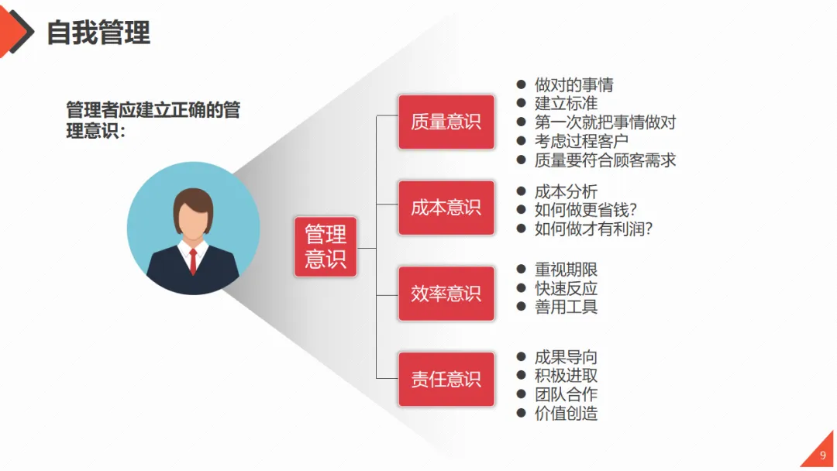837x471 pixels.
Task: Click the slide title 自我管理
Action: click(x=98, y=33)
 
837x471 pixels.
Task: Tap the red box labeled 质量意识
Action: click(x=446, y=122)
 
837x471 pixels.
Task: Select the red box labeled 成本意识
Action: click(x=446, y=208)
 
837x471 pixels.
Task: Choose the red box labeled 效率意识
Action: click(x=446, y=294)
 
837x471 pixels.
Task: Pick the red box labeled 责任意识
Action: click(x=446, y=379)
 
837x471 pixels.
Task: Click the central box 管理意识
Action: click(x=325, y=246)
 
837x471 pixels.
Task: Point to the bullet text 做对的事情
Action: click(x=573, y=84)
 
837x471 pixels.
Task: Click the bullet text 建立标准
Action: click(x=566, y=103)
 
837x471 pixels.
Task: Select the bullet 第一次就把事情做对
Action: click(x=605, y=122)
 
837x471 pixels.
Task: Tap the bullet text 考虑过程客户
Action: click(x=581, y=141)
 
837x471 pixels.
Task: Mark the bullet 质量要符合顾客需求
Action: click(x=605, y=160)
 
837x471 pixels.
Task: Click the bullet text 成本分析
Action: click(x=566, y=191)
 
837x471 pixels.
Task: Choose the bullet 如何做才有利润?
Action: click(x=594, y=229)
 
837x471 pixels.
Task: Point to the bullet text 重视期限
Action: click(x=566, y=270)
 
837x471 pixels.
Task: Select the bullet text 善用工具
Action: click(x=566, y=307)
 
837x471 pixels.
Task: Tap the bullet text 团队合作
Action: click(x=566, y=394)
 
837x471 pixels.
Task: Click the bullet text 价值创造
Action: click(x=566, y=414)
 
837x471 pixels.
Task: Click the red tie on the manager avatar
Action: click(x=193, y=262)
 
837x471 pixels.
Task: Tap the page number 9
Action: click(x=823, y=455)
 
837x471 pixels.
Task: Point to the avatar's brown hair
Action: click(x=193, y=201)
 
